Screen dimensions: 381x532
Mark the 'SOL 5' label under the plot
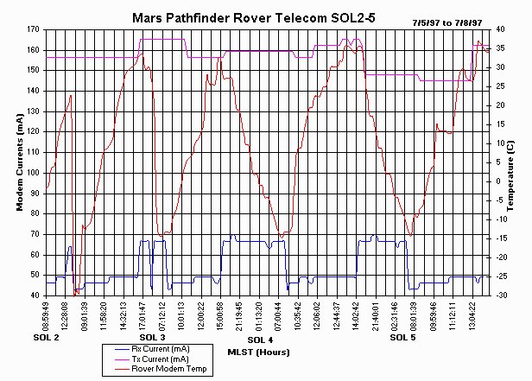(x=402, y=337)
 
